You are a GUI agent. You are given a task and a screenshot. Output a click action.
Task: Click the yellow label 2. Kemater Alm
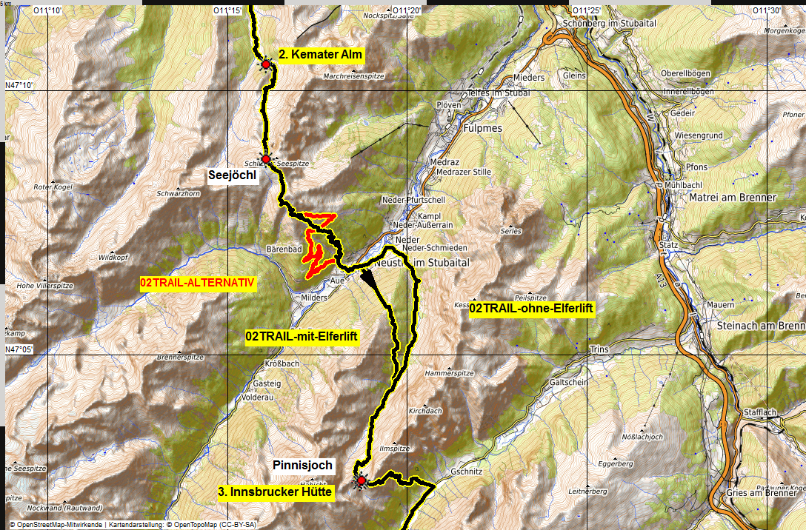[322, 54]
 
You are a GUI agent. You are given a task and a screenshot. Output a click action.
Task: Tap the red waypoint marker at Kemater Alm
[265, 65]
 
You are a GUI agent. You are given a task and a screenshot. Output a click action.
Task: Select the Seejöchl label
[232, 175]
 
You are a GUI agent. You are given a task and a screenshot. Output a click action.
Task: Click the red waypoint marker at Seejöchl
[265, 159]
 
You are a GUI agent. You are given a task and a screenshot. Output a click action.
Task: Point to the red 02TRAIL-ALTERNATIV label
[198, 283]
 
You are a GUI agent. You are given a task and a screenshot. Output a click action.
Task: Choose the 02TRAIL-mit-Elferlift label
[302, 337]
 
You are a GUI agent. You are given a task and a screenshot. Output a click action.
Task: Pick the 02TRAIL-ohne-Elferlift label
[532, 308]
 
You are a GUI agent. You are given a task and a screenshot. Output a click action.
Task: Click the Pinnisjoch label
[303, 466]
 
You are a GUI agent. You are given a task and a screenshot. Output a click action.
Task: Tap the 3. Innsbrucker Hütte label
[276, 492]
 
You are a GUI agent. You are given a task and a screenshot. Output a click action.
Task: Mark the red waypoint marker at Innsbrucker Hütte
[361, 481]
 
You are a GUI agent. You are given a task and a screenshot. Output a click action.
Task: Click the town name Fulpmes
[482, 127]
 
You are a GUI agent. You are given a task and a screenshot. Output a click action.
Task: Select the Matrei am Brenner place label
[732, 198]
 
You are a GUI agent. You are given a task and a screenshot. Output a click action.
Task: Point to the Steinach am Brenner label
[760, 326]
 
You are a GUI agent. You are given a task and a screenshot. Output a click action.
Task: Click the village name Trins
[599, 349]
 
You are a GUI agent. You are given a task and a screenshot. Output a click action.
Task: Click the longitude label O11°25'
[585, 10]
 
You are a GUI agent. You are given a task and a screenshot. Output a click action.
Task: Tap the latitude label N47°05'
[20, 349]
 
